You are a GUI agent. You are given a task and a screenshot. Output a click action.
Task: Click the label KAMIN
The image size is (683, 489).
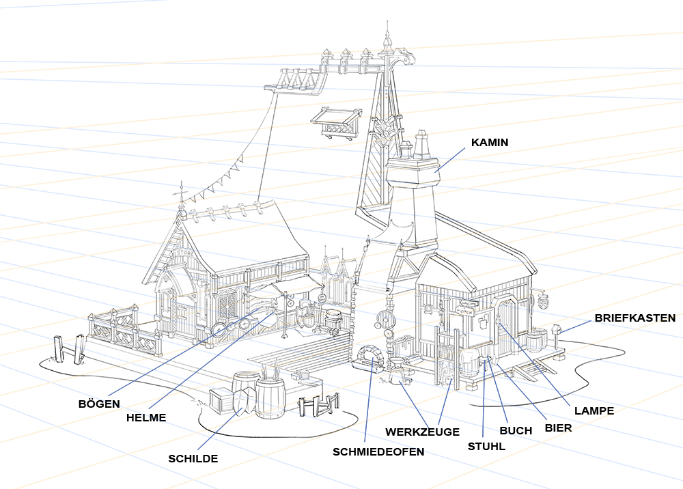490,143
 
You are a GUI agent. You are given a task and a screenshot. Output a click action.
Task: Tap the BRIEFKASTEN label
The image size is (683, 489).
635,318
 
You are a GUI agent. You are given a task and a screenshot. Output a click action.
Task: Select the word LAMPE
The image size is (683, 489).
594,411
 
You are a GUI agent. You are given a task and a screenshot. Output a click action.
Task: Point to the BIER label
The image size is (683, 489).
558,428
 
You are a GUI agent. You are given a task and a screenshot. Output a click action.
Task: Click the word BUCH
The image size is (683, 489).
516,431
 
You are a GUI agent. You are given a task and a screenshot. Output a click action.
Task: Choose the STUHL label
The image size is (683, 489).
486,447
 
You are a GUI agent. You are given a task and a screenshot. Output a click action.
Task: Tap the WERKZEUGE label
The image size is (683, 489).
422,432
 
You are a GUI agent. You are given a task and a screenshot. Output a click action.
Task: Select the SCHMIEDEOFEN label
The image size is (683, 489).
378,451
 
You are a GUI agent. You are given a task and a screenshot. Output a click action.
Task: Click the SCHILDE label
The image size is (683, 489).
193,459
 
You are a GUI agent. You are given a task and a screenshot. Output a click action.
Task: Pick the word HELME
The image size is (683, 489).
146,417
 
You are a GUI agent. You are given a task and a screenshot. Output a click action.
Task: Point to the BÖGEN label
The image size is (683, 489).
99,404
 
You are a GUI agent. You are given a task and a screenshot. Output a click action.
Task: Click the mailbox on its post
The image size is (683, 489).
557,331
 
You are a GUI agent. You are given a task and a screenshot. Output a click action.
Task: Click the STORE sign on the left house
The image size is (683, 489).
185,253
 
